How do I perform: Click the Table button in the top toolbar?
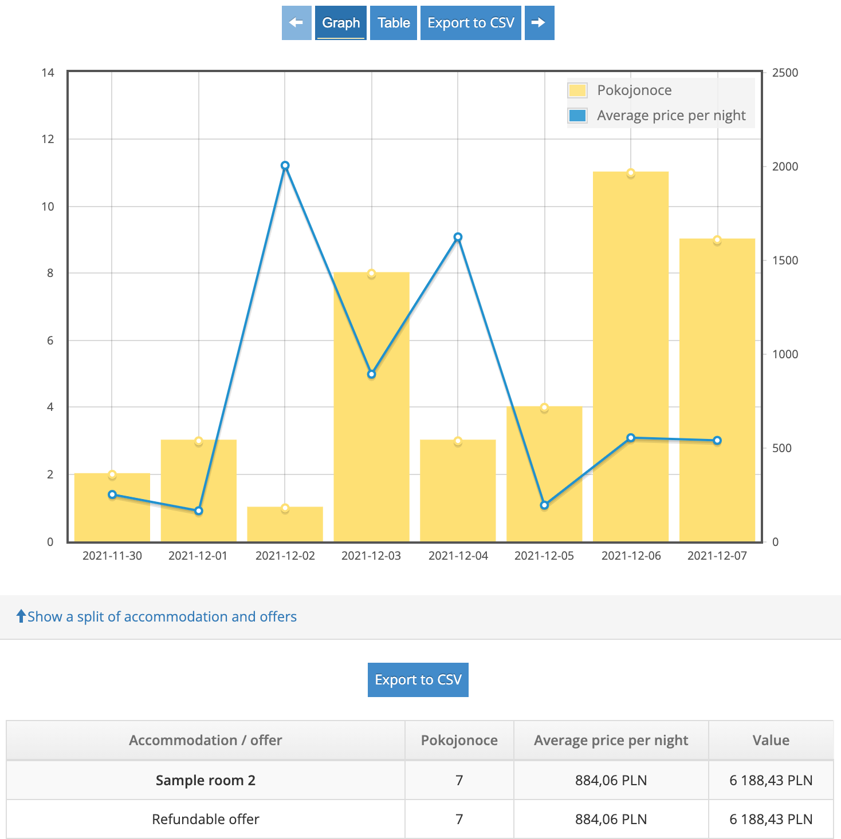[x=394, y=23]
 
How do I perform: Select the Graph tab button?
[x=341, y=23]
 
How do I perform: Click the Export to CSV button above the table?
[x=418, y=679]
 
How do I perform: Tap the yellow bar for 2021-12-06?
[x=631, y=355]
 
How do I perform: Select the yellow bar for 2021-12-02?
[x=285, y=524]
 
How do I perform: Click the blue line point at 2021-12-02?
[x=285, y=165]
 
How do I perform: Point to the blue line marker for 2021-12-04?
[x=458, y=237]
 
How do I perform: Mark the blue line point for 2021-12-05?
[x=544, y=505]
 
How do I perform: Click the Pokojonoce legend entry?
[x=634, y=90]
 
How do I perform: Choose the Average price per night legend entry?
[x=671, y=116]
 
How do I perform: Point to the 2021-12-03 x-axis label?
[x=371, y=556]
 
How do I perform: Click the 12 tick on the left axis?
[x=48, y=139]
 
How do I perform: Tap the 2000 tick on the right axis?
[x=785, y=167]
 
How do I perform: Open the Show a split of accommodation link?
[x=162, y=616]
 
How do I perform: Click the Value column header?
[x=771, y=740]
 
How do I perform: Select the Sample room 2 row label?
[x=206, y=780]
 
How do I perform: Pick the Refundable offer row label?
[x=206, y=819]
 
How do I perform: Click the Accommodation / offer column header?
[x=206, y=740]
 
